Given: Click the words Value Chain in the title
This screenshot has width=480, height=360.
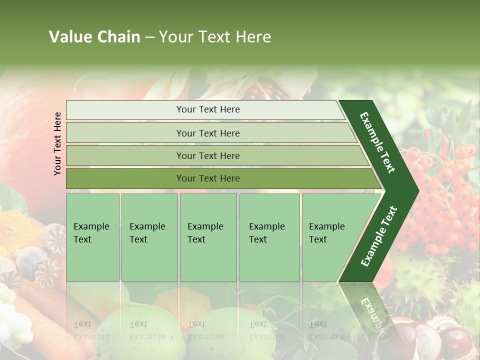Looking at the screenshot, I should click(94, 37).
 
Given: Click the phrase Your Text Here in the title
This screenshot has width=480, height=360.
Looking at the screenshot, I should click(215, 37).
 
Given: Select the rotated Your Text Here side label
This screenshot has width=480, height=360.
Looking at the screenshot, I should click(58, 143).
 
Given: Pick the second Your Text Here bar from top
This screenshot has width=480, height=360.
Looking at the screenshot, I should click(207, 133).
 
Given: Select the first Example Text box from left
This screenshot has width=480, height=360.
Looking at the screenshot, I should click(92, 237).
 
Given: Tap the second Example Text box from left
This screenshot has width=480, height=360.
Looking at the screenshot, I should click(149, 237).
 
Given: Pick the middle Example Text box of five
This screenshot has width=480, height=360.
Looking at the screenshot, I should click(208, 237).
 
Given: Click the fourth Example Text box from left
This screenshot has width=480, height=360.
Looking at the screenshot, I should click(269, 237).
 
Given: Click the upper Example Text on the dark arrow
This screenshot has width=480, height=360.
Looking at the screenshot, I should click(377, 142).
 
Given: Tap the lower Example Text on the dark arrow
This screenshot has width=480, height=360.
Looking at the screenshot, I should click(379, 236).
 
